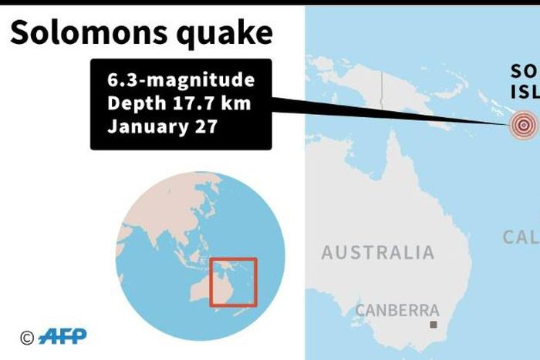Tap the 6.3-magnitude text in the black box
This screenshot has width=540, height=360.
181,80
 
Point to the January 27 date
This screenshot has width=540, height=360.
162,126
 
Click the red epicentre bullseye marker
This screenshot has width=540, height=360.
524,124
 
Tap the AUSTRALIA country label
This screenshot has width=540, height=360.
378,252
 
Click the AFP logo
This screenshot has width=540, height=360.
62,336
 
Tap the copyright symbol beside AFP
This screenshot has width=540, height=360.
27,337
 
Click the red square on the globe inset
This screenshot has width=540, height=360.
233,282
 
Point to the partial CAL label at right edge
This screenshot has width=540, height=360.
521,237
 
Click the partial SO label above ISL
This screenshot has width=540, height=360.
524,72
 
